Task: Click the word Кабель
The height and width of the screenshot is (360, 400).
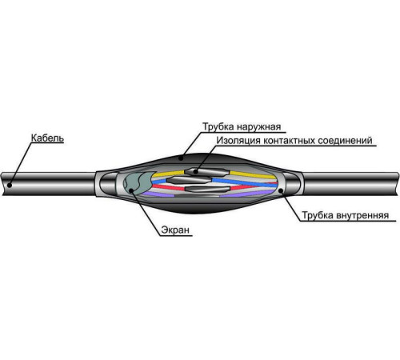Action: tap(47, 138)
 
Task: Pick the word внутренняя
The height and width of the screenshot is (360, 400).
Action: tap(362, 215)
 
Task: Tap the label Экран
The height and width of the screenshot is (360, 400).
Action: tap(175, 230)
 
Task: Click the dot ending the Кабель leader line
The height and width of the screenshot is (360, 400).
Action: tap(10, 185)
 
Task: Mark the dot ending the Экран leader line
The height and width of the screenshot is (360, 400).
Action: tap(131, 190)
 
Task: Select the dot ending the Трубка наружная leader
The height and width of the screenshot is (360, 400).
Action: tap(181, 158)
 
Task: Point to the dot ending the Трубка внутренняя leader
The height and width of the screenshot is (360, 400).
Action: tap(281, 190)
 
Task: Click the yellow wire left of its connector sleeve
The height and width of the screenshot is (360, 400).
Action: tap(169, 174)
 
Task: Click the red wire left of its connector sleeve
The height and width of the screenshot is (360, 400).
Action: tap(168, 187)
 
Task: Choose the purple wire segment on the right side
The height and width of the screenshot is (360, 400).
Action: tap(246, 194)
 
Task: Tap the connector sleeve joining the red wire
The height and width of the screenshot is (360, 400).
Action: tap(207, 189)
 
